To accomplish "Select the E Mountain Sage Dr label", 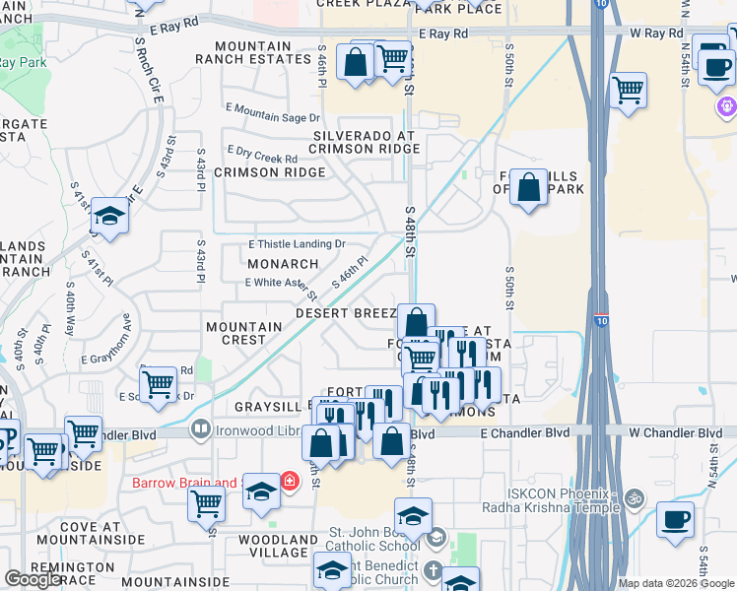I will pos(266,111).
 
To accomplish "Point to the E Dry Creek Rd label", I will pos(261,155).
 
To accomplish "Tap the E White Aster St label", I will pos(281,287).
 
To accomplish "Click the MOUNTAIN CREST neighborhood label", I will pos(235,333).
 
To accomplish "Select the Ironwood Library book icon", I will pos(200,429).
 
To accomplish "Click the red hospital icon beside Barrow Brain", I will pos(290,482).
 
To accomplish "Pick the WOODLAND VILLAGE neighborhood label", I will pos(278,547).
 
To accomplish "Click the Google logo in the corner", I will pos(33,579).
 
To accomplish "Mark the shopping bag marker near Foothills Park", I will pos(528,187).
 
